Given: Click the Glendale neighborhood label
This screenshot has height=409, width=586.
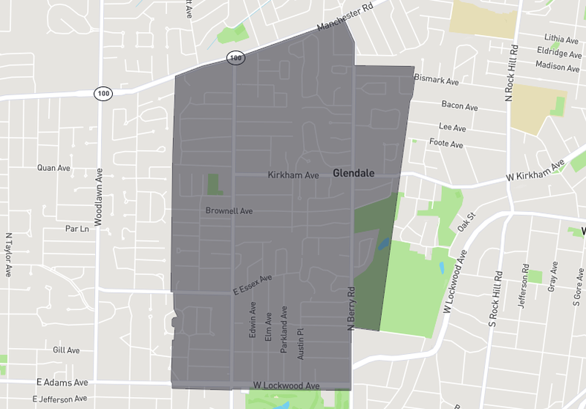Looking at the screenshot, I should point(354,173).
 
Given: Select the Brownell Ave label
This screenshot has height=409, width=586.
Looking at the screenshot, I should point(229,211).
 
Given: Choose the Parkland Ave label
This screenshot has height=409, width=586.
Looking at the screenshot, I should point(284,328).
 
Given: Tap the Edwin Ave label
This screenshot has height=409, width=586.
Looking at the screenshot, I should point(253,320).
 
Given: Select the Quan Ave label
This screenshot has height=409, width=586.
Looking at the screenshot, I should point(53,168).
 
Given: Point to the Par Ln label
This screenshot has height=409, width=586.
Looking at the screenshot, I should point(76,228).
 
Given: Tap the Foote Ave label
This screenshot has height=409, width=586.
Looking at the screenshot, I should point(446,144).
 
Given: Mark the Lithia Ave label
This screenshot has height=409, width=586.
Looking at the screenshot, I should point(561,39).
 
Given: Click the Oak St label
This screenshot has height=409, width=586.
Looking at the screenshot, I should point(466,222).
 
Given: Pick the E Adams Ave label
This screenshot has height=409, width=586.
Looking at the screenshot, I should point(62,382).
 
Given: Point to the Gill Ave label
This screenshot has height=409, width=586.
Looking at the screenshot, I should point(66,350).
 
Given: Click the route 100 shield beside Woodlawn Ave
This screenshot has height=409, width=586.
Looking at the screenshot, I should point(103,94).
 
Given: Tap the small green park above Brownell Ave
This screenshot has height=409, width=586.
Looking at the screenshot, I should point(214,184).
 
